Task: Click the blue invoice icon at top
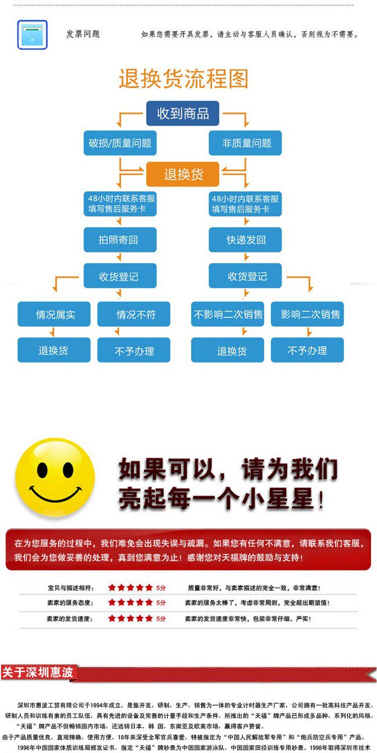point(32,35)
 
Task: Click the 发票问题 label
point(83,34)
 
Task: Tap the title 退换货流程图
point(183,79)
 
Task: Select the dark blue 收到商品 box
point(183,113)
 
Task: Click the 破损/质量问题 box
point(120,143)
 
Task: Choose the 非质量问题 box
point(245,143)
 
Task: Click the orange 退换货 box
point(183,174)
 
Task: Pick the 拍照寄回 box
point(120,240)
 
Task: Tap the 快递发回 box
point(245,240)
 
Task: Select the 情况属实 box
point(54,314)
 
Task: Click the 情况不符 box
point(134,314)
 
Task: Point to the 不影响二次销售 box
point(228,314)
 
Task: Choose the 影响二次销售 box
point(308,314)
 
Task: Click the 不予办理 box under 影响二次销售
point(308,350)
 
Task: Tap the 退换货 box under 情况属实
point(54,350)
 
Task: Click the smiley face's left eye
point(42,470)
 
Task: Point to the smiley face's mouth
point(55,496)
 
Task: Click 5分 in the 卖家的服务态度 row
point(161,602)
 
